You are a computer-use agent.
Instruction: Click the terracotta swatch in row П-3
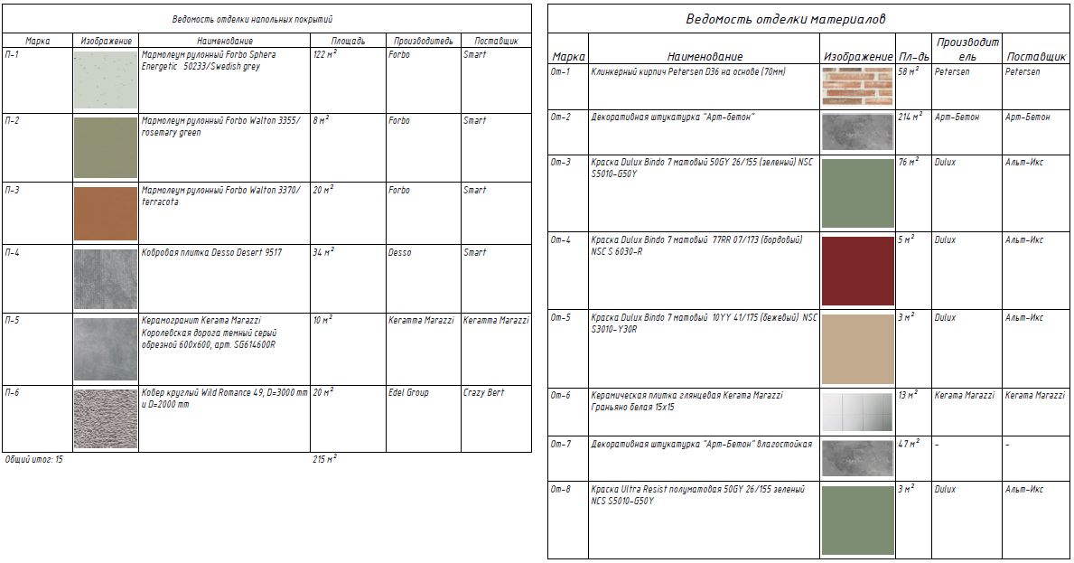coord(105,213)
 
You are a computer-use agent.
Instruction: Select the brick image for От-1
coord(857,86)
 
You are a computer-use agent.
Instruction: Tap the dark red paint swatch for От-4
coord(857,270)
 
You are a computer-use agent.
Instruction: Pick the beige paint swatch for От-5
coord(857,349)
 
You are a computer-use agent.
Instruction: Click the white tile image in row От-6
coord(857,411)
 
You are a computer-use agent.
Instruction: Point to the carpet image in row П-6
coord(105,418)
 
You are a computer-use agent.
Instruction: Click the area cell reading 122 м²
coord(324,55)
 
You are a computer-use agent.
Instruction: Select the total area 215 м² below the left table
coord(324,459)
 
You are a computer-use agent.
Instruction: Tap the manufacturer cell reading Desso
coord(399,253)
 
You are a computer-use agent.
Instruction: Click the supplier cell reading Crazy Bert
coord(484,393)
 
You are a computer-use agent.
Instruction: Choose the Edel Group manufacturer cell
coord(408,393)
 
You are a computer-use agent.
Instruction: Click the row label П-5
coord(12,321)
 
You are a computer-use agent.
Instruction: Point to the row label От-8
coord(561,490)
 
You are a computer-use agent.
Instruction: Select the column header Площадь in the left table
coord(348,41)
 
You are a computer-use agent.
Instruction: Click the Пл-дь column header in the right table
coord(913,57)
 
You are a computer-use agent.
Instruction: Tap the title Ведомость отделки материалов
coord(786,19)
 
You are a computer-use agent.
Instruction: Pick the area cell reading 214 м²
coord(911,117)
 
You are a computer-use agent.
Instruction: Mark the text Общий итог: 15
coord(34,460)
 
